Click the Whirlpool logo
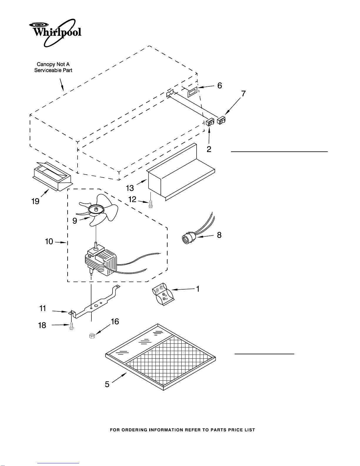(55, 33)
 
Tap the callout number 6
(220, 86)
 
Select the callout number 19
(35, 201)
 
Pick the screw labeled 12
(151, 204)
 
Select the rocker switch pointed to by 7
(221, 120)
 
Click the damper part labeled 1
(163, 294)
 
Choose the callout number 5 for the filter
(107, 384)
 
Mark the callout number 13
(130, 188)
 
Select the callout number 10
(49, 241)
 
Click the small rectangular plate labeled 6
(192, 92)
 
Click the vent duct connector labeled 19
(52, 176)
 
